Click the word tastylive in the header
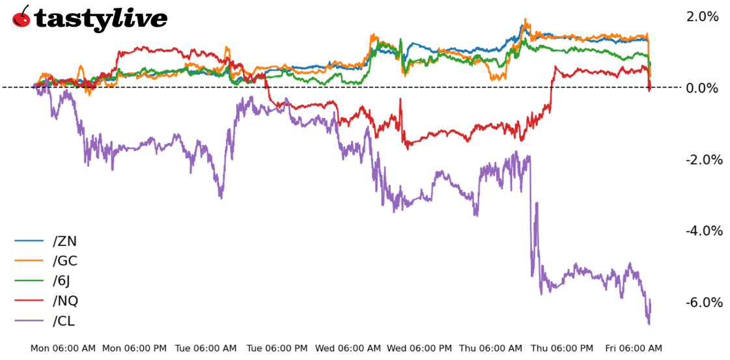click(101, 18)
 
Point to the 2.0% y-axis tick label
click(703, 17)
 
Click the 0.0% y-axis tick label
click(703, 88)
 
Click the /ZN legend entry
click(64, 242)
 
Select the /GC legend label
click(65, 262)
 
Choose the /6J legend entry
click(62, 281)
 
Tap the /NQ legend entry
click(65, 301)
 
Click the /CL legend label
click(64, 321)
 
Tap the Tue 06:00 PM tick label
click(277, 349)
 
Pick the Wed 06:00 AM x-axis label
click(348, 349)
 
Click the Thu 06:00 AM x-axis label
click(490, 349)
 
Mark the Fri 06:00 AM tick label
click(634, 349)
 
